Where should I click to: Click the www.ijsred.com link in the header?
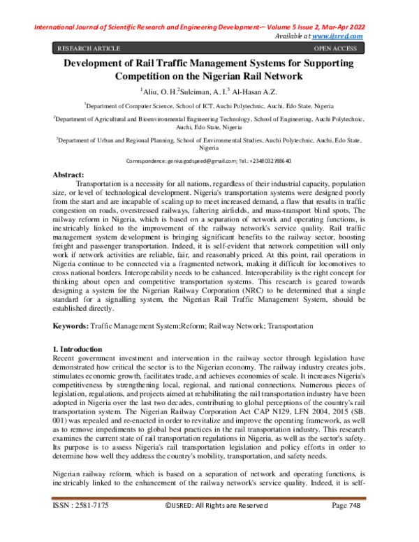tap(340, 36)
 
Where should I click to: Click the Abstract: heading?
tap(69, 173)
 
